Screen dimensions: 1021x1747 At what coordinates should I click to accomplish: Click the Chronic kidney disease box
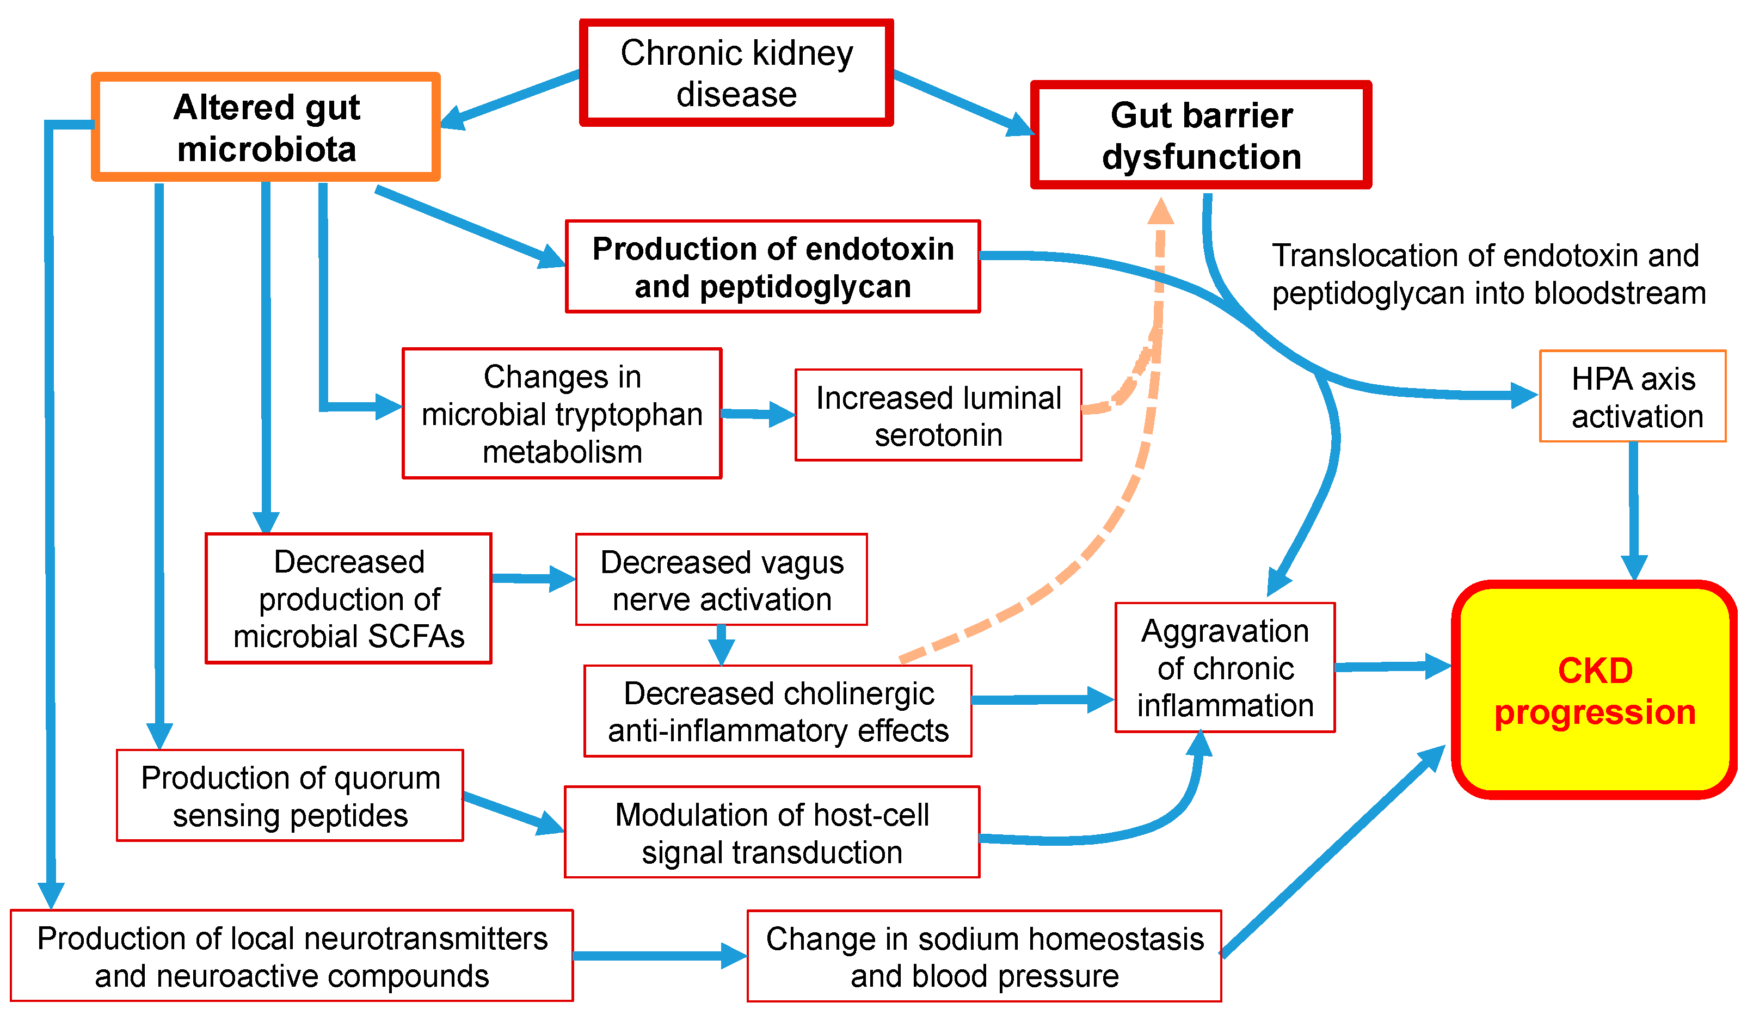(x=736, y=73)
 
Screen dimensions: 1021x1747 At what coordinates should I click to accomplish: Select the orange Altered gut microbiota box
(x=266, y=127)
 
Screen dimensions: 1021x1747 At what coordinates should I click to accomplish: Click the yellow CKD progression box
(x=1595, y=690)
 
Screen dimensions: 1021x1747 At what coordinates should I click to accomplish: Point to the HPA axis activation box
(x=1633, y=396)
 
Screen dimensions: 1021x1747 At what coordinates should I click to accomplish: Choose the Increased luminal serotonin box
(x=938, y=415)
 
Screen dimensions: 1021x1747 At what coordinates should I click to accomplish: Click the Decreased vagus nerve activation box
(x=721, y=580)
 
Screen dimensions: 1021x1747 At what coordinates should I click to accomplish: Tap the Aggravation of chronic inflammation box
(x=1225, y=667)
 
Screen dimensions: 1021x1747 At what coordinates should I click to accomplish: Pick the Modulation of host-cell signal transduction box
(x=772, y=833)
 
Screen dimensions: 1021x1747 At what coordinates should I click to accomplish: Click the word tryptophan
(x=630, y=415)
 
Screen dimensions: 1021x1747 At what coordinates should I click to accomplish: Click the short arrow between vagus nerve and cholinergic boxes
(x=721, y=644)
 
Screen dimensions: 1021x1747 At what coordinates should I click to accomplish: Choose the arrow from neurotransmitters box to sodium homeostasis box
(x=659, y=956)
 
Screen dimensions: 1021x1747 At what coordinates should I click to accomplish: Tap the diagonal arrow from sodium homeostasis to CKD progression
(x=1331, y=853)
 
